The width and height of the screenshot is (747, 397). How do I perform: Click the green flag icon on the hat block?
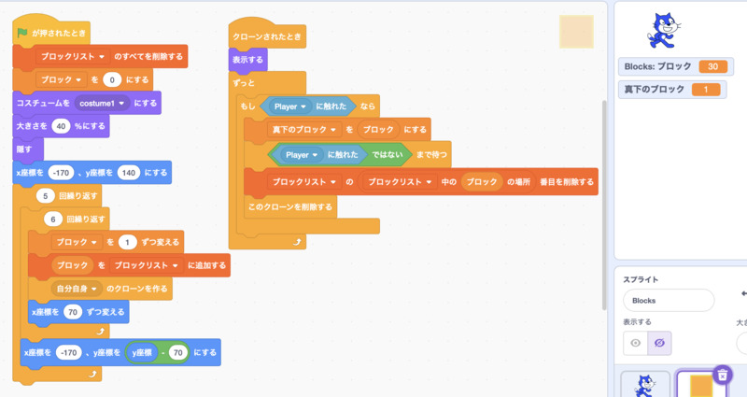pyautogui.click(x=22, y=33)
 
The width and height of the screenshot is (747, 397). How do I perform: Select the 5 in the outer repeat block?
pyautogui.click(x=45, y=196)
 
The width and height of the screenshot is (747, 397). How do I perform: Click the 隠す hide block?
pyautogui.click(x=24, y=148)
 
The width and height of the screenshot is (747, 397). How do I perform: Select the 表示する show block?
pyautogui.click(x=248, y=60)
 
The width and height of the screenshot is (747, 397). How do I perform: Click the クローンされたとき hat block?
pyautogui.click(x=267, y=36)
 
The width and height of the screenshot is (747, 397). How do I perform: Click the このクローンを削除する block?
pyautogui.click(x=289, y=206)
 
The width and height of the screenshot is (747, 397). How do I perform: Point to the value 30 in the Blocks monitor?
pyautogui.click(x=712, y=66)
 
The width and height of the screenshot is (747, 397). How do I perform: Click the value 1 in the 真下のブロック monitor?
pyautogui.click(x=706, y=90)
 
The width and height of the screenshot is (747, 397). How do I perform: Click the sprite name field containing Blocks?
pyautogui.click(x=668, y=300)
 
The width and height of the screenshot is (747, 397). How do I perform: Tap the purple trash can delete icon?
pyautogui.click(x=722, y=375)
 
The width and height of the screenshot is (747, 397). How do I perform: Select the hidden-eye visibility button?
pyautogui.click(x=659, y=344)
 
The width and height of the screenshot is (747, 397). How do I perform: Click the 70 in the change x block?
pyautogui.click(x=73, y=311)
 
